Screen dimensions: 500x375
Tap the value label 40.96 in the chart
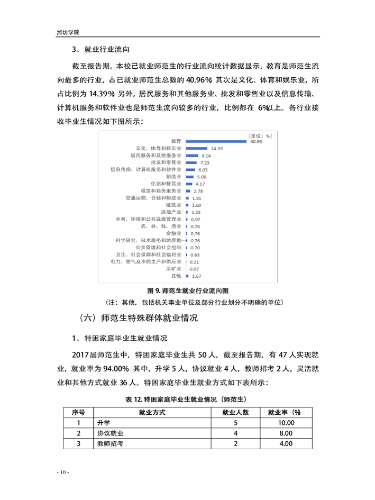pos(256,141)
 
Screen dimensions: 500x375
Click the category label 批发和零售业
pos(166,163)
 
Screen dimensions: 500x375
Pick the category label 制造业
pos(173,176)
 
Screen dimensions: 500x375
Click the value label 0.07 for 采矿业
pos(194,269)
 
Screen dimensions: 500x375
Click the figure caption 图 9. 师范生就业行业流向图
pos(188,291)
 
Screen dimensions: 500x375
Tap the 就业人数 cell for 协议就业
pos(235,433)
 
